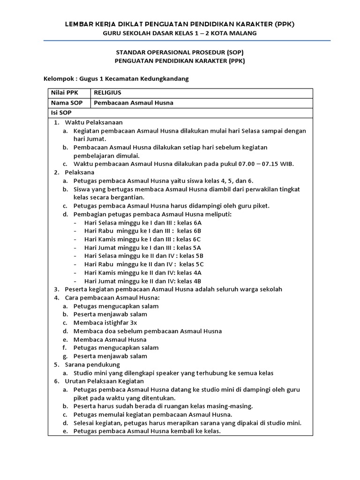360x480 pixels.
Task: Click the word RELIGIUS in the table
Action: [107, 93]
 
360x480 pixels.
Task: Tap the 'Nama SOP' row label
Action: [66, 103]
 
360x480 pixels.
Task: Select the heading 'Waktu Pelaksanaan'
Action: [94, 122]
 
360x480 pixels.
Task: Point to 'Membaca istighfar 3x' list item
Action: [105, 322]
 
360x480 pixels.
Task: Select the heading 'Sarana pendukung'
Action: [92, 364]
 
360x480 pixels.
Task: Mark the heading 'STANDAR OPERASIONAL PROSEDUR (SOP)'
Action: [180, 52]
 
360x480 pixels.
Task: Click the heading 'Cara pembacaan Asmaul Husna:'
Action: [112, 298]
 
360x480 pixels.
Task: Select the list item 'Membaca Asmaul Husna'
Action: [110, 339]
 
